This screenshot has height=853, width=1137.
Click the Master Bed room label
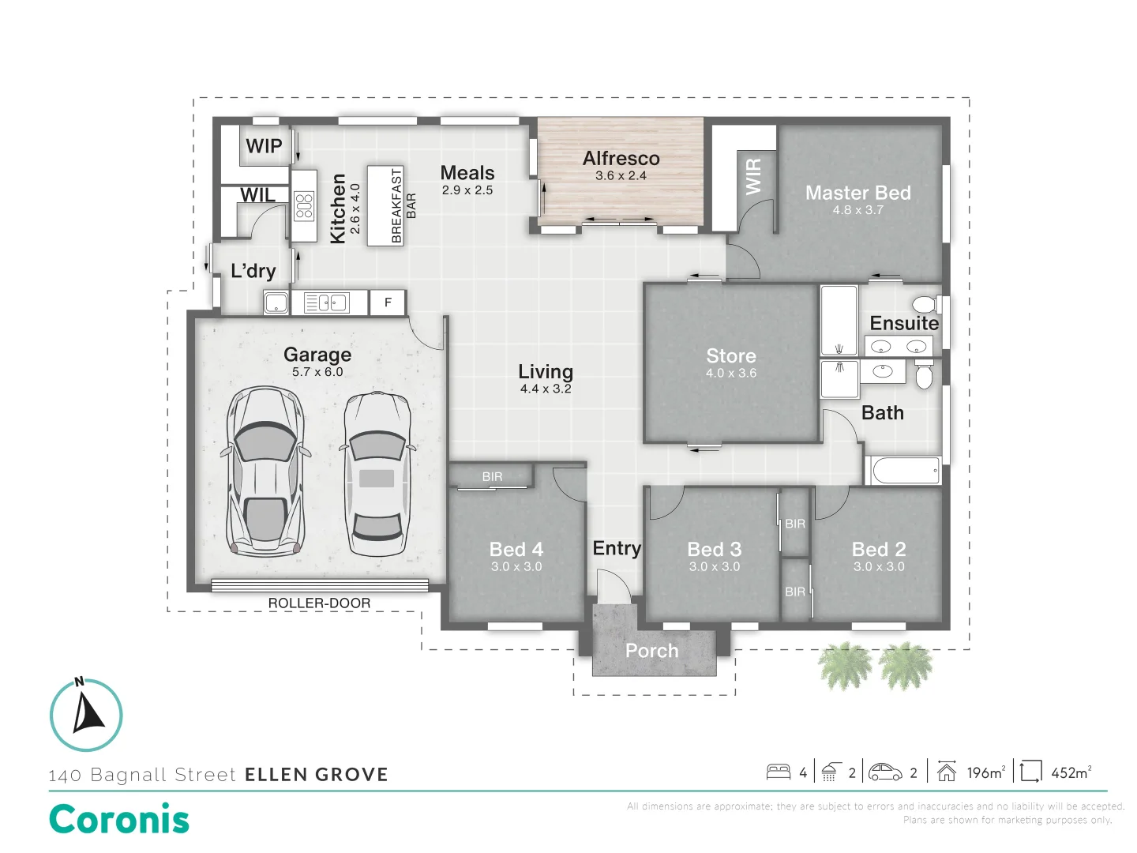857,193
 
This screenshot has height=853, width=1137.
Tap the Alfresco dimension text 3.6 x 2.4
621,176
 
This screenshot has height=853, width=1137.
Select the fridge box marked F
388,302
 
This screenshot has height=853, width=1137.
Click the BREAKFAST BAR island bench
386,205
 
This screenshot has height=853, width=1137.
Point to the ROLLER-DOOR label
319,603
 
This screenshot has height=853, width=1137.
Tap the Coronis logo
119,819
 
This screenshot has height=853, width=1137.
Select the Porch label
651,651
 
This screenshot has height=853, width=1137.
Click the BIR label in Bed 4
492,476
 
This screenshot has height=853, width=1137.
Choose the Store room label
730,356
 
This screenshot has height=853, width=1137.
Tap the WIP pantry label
264,146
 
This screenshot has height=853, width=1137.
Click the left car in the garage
265,471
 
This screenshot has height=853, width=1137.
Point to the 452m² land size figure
1071,772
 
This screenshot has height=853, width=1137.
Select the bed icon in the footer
779,772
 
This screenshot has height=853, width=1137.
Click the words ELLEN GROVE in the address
316,775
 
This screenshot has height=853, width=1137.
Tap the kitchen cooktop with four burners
304,205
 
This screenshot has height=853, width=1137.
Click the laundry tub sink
276,302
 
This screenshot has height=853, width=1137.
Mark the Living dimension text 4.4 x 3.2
545,389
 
